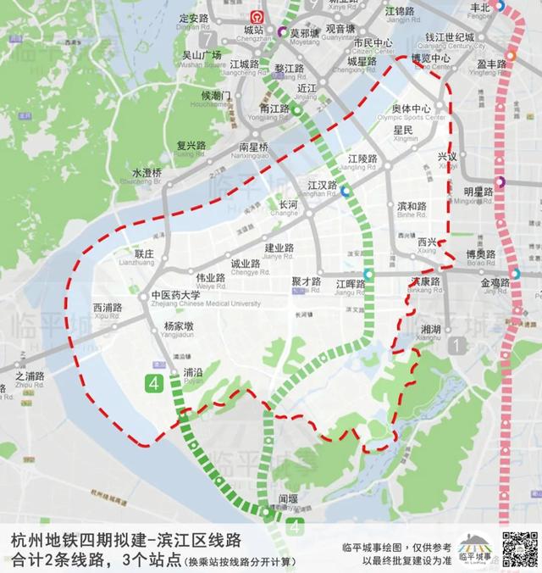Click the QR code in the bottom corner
coord(519,549)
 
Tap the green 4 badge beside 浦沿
coord(154,383)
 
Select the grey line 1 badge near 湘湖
coord(458,345)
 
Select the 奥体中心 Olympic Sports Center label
coord(412,108)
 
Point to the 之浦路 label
coord(30,376)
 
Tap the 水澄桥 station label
coord(146,174)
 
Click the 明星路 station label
coord(478,191)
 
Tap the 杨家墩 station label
coord(179,325)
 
